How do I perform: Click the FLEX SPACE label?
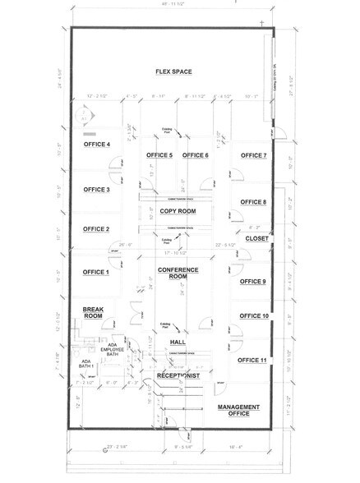point(174,72)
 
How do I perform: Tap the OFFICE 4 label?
point(96,145)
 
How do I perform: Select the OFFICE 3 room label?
point(96,189)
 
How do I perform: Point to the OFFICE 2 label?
point(96,229)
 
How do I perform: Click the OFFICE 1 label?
point(96,272)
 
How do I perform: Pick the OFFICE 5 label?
point(159,155)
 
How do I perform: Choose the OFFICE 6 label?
point(196,155)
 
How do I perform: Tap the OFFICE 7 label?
point(253,155)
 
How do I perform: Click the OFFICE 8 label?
point(253,202)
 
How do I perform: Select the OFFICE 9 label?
point(253,282)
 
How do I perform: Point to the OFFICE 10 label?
point(254,316)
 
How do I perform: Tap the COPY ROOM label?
point(178,211)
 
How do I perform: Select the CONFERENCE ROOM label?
point(178,274)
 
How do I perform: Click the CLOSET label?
point(256,239)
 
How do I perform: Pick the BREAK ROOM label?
point(93,312)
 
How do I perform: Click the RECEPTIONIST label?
point(178,376)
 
